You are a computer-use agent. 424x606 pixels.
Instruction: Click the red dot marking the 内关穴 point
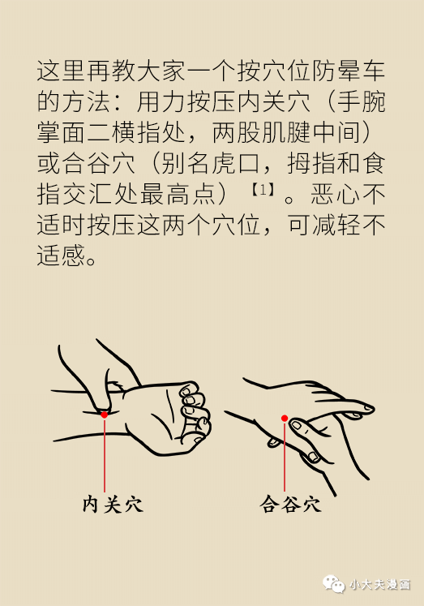105,415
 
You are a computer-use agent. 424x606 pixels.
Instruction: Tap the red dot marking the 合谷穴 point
285,418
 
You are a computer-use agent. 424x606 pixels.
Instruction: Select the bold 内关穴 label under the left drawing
113,505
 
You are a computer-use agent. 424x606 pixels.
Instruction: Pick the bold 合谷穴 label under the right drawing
290,505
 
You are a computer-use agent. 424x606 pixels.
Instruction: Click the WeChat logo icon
334,583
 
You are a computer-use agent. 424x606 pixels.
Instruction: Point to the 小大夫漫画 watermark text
379,584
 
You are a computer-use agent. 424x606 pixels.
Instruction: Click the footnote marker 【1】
263,190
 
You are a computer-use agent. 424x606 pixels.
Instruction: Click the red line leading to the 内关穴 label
105,455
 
